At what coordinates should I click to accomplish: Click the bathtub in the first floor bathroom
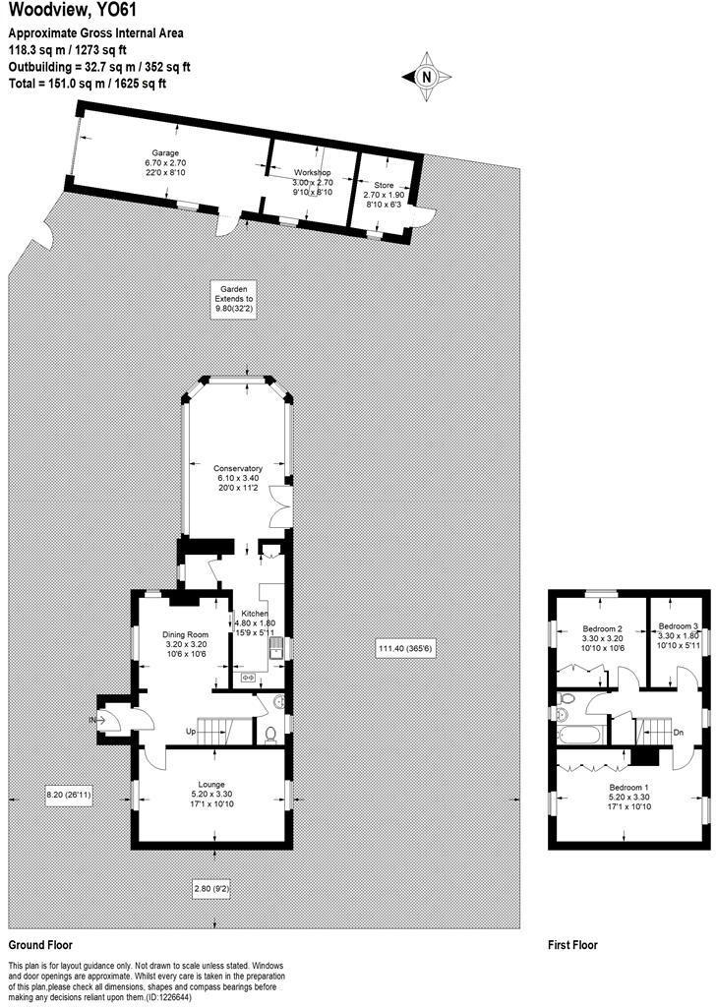587,734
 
